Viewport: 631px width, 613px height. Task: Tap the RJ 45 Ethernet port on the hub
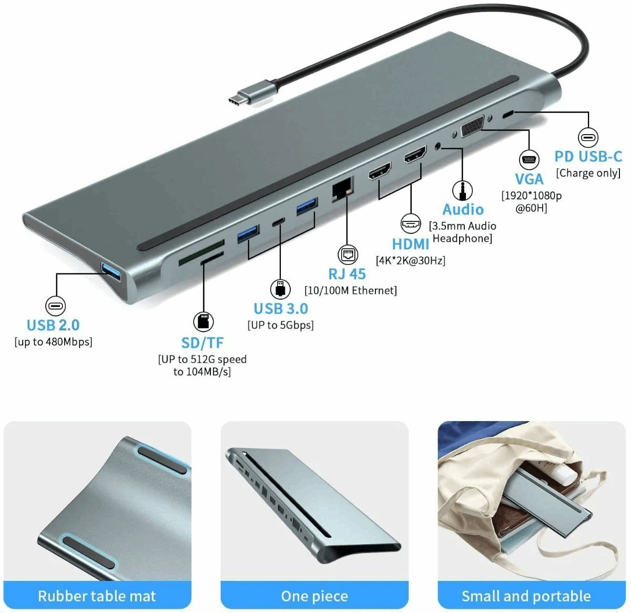pos(342,189)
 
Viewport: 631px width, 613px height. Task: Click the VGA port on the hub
pos(472,126)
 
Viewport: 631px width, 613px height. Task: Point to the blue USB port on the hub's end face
pos(111,271)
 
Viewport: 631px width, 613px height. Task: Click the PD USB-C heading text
pos(588,157)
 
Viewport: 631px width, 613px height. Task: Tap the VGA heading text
pos(529,179)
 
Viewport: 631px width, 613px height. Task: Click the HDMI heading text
pos(410,244)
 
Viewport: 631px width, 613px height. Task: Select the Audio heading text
pos(463,209)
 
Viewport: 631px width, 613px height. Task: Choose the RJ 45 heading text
pos(347,274)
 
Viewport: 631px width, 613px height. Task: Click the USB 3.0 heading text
pos(281,309)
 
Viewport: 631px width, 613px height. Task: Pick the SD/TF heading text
pos(202,343)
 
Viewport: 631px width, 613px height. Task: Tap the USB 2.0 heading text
pos(53,325)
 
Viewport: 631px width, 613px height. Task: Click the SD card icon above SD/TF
pos(203,322)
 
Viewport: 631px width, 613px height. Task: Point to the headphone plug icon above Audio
pos(462,191)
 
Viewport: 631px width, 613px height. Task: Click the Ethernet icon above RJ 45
pos(348,254)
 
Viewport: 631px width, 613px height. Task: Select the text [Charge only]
pos(588,173)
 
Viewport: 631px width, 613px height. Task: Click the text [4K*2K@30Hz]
pos(411,260)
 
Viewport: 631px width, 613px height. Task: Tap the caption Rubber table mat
pos(97,596)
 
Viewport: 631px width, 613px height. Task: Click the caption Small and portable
pos(526,596)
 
